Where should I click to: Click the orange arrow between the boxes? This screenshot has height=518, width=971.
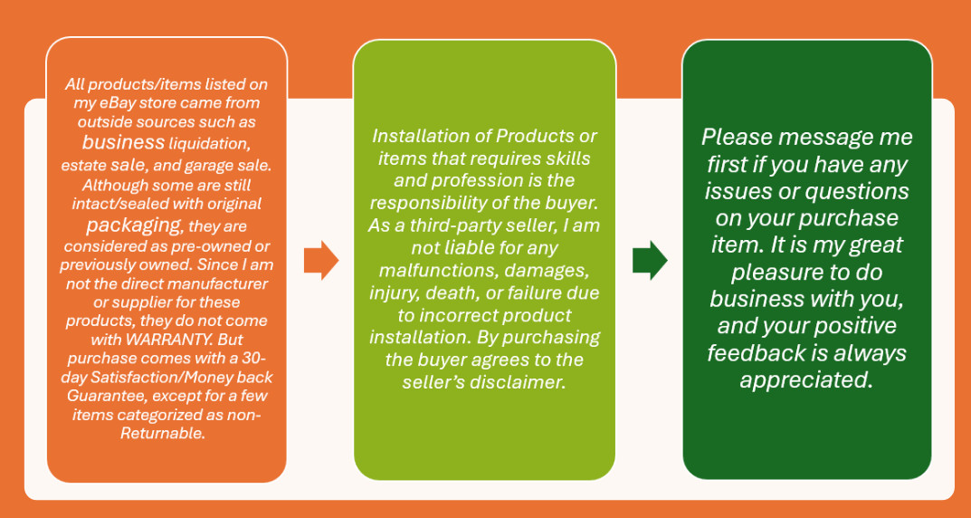coord(320,260)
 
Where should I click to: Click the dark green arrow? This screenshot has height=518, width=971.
coord(650,260)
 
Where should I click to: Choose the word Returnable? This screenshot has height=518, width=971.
coord(162,433)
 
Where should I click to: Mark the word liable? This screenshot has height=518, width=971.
coord(470,248)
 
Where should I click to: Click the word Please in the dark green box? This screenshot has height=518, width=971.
coord(738,137)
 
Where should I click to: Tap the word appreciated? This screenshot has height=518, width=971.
coord(807,380)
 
